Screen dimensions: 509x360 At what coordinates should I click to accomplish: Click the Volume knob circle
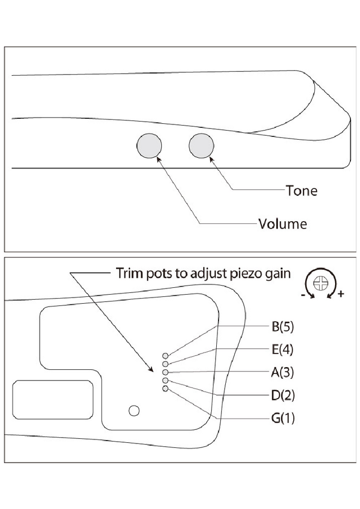pyautogui.click(x=149, y=147)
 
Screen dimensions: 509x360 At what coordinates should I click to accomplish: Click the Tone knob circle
pyautogui.click(x=202, y=146)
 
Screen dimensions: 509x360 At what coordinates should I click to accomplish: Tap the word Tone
pyautogui.click(x=302, y=191)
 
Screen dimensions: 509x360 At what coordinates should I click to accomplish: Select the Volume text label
pyautogui.click(x=282, y=223)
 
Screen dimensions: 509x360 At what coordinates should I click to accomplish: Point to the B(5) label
pyautogui.click(x=283, y=327)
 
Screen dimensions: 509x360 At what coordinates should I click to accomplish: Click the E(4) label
pyautogui.click(x=283, y=350)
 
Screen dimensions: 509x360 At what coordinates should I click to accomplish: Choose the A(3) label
pyautogui.click(x=283, y=372)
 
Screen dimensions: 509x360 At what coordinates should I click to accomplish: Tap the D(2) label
pyautogui.click(x=283, y=395)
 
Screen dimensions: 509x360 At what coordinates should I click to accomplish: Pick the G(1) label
pyautogui.click(x=283, y=419)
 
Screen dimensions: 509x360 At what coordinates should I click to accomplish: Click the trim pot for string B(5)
pyautogui.click(x=165, y=356)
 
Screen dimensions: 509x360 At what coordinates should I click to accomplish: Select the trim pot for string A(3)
pyautogui.click(x=165, y=373)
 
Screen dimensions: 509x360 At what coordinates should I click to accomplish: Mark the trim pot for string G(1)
pyautogui.click(x=165, y=389)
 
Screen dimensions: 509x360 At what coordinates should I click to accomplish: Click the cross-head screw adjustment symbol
pyautogui.click(x=320, y=281)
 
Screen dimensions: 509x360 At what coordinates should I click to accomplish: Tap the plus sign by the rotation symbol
pyautogui.click(x=341, y=295)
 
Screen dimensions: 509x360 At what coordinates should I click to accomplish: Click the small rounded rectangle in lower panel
pyautogui.click(x=53, y=400)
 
